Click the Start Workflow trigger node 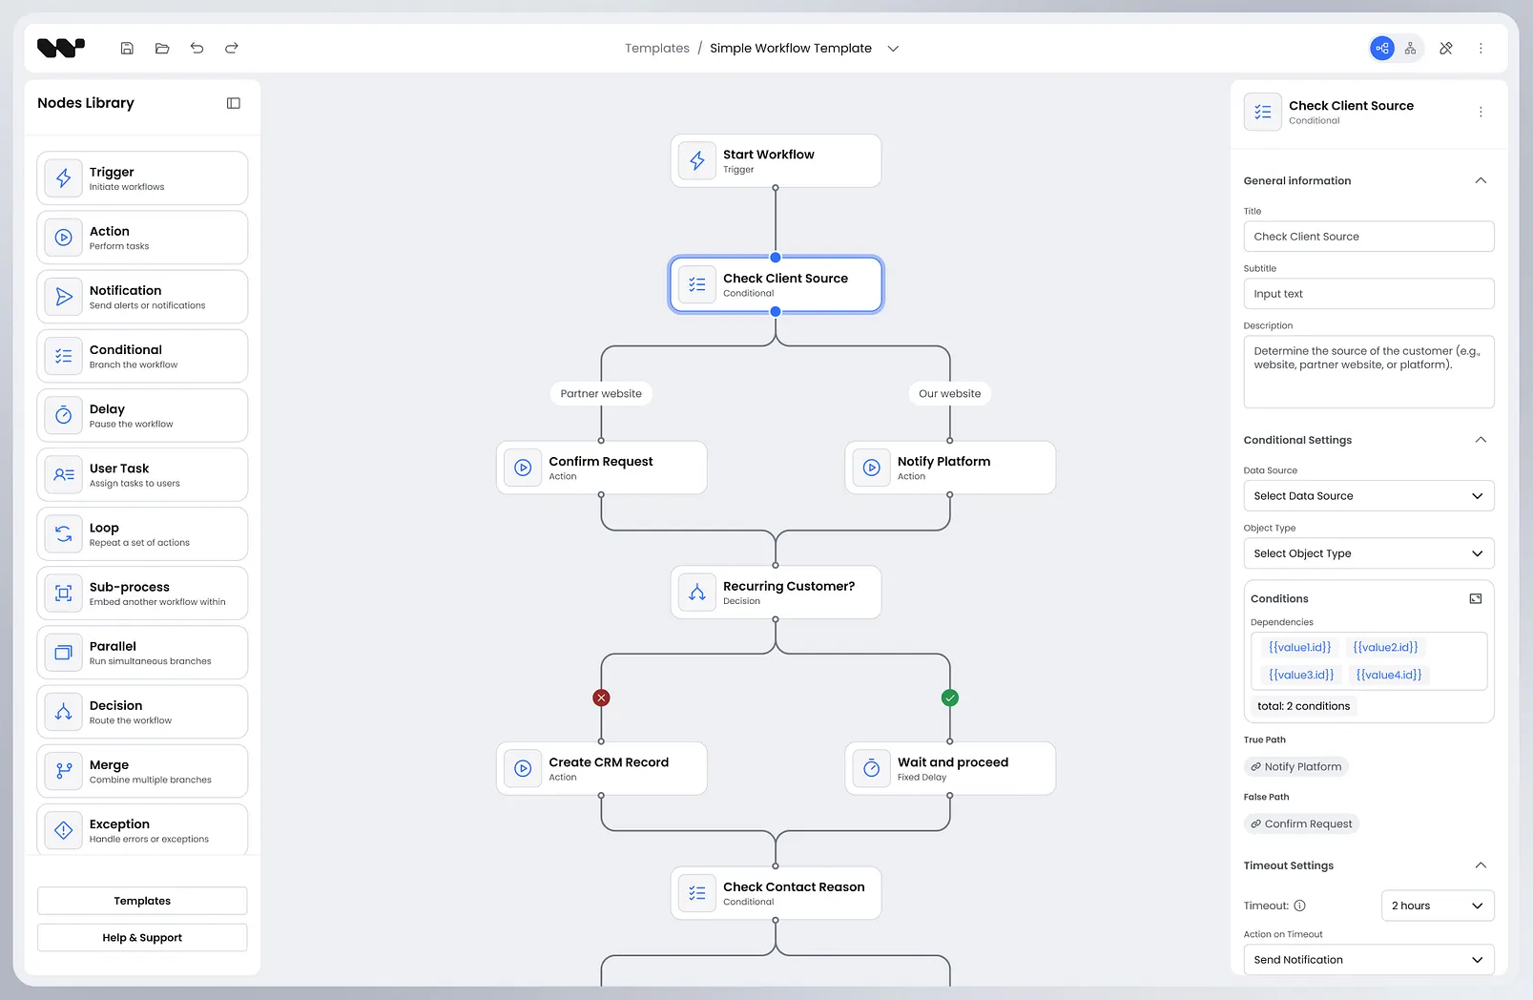click(775, 161)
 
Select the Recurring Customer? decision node click(775, 593)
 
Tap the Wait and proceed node click(949, 768)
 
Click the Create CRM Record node click(601, 768)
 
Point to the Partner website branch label click(601, 393)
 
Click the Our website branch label click(949, 393)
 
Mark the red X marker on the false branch click(601, 698)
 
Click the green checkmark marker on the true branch click(949, 698)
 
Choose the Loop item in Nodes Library click(142, 534)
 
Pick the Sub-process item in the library click(142, 594)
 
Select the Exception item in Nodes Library click(142, 830)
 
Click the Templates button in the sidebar click(142, 901)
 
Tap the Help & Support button click(142, 938)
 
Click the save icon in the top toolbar click(127, 48)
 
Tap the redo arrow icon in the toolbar click(232, 48)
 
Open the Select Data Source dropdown click(1368, 496)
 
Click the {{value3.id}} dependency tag click(1301, 675)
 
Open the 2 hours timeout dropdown click(1437, 906)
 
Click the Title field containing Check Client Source click(1368, 237)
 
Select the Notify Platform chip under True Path click(1296, 766)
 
